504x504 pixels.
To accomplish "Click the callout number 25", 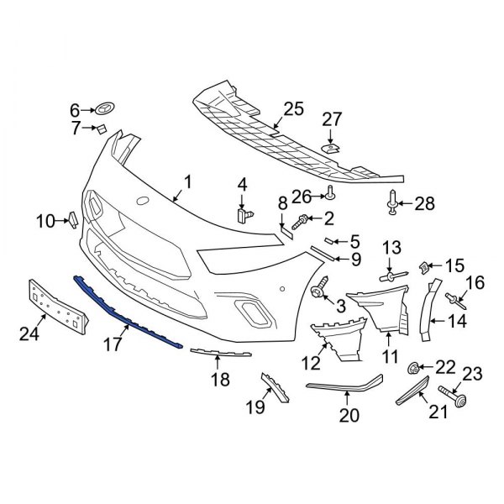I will point(292,108).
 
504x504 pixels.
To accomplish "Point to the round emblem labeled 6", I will point(106,109).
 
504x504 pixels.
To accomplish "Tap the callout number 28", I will point(426,202).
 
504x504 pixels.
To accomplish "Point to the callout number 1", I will point(187,181).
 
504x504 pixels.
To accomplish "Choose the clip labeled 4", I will point(245,213).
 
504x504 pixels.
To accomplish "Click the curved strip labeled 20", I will point(344,388).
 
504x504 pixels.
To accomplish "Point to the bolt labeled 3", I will point(319,291).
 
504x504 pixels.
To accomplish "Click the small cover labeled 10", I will point(72,221).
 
